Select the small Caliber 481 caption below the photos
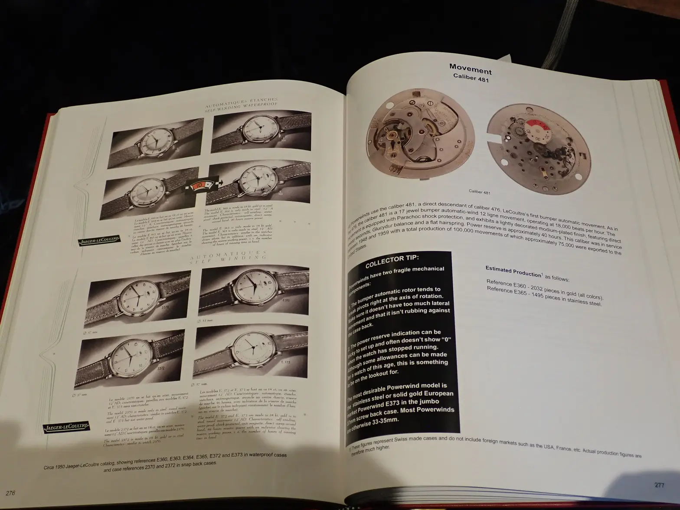pyautogui.click(x=479, y=191)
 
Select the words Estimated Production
pyautogui.click(x=513, y=271)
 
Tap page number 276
pyautogui.click(x=10, y=493)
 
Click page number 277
pyautogui.click(x=659, y=485)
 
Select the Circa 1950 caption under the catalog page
pyautogui.click(x=165, y=459)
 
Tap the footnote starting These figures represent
pyautogui.click(x=494, y=451)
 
